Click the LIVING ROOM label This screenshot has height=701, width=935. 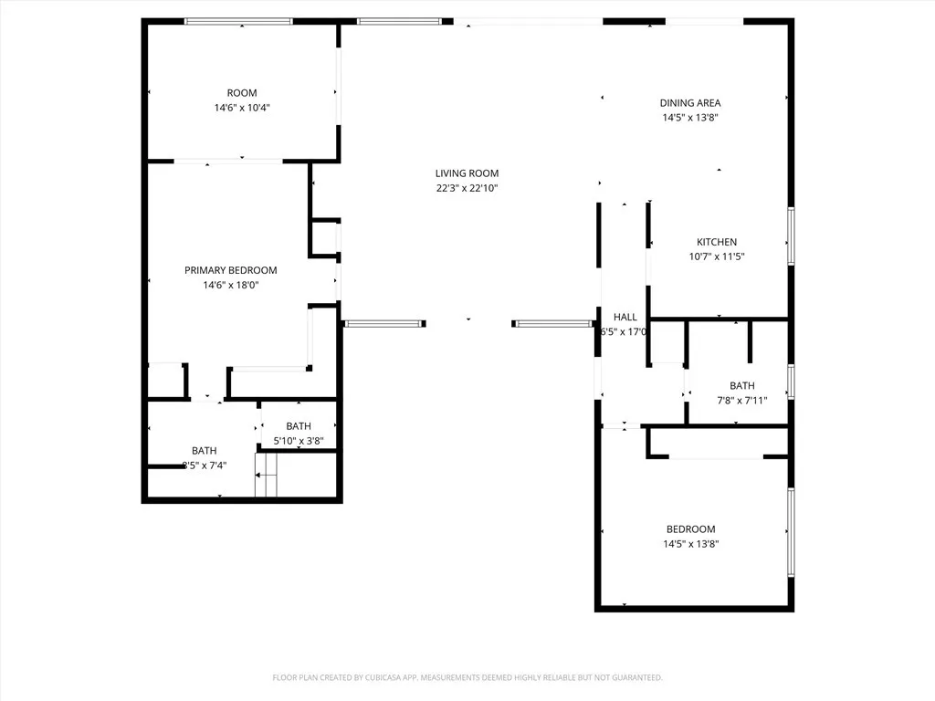pos(467,173)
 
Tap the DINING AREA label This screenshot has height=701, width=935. pos(689,103)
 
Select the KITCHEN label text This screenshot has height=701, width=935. pos(717,242)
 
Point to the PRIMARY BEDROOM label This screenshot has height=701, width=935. pos(230,270)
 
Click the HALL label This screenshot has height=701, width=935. pos(625,317)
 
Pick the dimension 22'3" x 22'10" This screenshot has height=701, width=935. pos(467,188)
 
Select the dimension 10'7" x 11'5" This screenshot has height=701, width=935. pos(717,256)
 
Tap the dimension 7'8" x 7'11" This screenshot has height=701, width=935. pos(741,400)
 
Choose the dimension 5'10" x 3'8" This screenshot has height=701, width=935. pos(299,441)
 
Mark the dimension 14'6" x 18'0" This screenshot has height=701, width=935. pos(230,285)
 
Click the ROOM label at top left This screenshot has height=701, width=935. pos(242,93)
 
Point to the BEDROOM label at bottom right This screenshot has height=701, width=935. pos(690,529)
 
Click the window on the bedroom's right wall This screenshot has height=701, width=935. pos(791,531)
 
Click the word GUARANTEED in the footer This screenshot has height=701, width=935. pos(635,677)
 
